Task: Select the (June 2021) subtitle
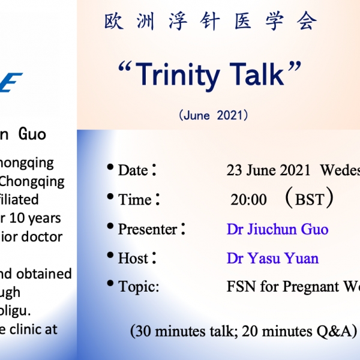(x=213, y=116)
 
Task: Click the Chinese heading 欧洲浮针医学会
(x=210, y=22)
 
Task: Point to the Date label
(x=133, y=170)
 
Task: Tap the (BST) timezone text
(x=310, y=199)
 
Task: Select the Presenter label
(x=148, y=229)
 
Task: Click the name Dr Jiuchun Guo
(x=277, y=229)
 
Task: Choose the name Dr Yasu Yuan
(x=272, y=259)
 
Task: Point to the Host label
(x=133, y=259)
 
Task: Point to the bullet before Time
(x=110, y=196)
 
